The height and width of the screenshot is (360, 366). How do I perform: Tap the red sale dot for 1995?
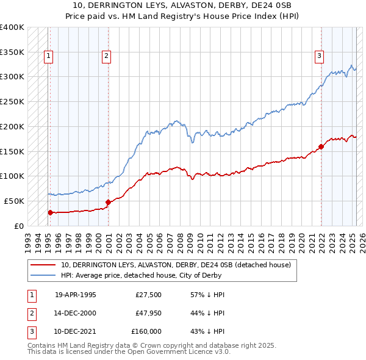(50, 212)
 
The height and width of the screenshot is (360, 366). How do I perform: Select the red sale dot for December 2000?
(108, 202)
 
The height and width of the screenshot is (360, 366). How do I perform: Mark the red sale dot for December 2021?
(321, 146)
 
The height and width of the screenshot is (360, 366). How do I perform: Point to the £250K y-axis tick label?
(12, 102)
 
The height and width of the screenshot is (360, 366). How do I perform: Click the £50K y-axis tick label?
(14, 201)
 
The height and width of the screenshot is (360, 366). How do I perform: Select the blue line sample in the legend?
(43, 276)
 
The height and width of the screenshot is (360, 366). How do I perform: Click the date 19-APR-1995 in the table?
(76, 295)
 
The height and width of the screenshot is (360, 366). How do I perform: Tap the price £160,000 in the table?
(146, 331)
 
